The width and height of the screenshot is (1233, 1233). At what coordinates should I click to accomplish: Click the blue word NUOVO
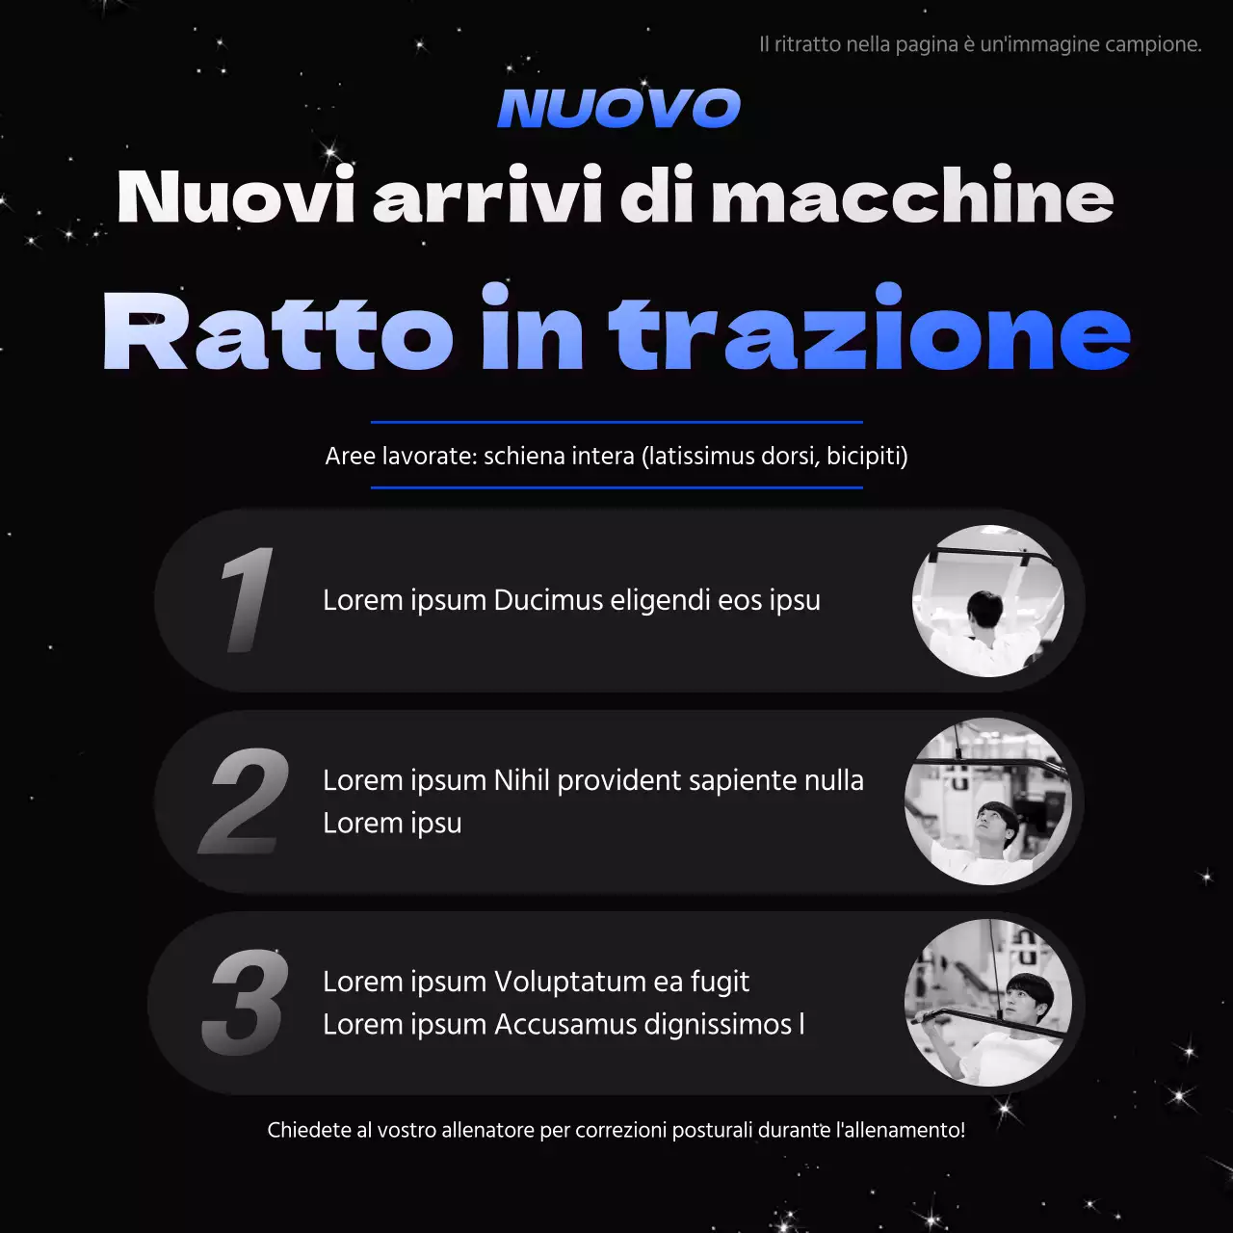click(618, 108)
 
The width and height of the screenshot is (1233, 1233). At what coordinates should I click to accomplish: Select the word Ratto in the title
click(277, 331)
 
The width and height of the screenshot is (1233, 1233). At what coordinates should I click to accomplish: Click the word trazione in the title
click(869, 331)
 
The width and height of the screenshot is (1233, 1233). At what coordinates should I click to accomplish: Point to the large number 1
click(246, 599)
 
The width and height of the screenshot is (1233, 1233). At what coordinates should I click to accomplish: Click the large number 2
click(246, 801)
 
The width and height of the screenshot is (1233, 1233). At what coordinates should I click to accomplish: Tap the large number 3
click(246, 1003)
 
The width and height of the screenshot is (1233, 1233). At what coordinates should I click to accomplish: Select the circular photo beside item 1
click(988, 600)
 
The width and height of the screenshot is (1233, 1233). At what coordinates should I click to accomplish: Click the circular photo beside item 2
click(988, 801)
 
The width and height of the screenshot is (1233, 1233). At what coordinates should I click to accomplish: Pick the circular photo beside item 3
click(988, 1003)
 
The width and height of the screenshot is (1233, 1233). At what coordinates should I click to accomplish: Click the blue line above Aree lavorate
click(616, 422)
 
